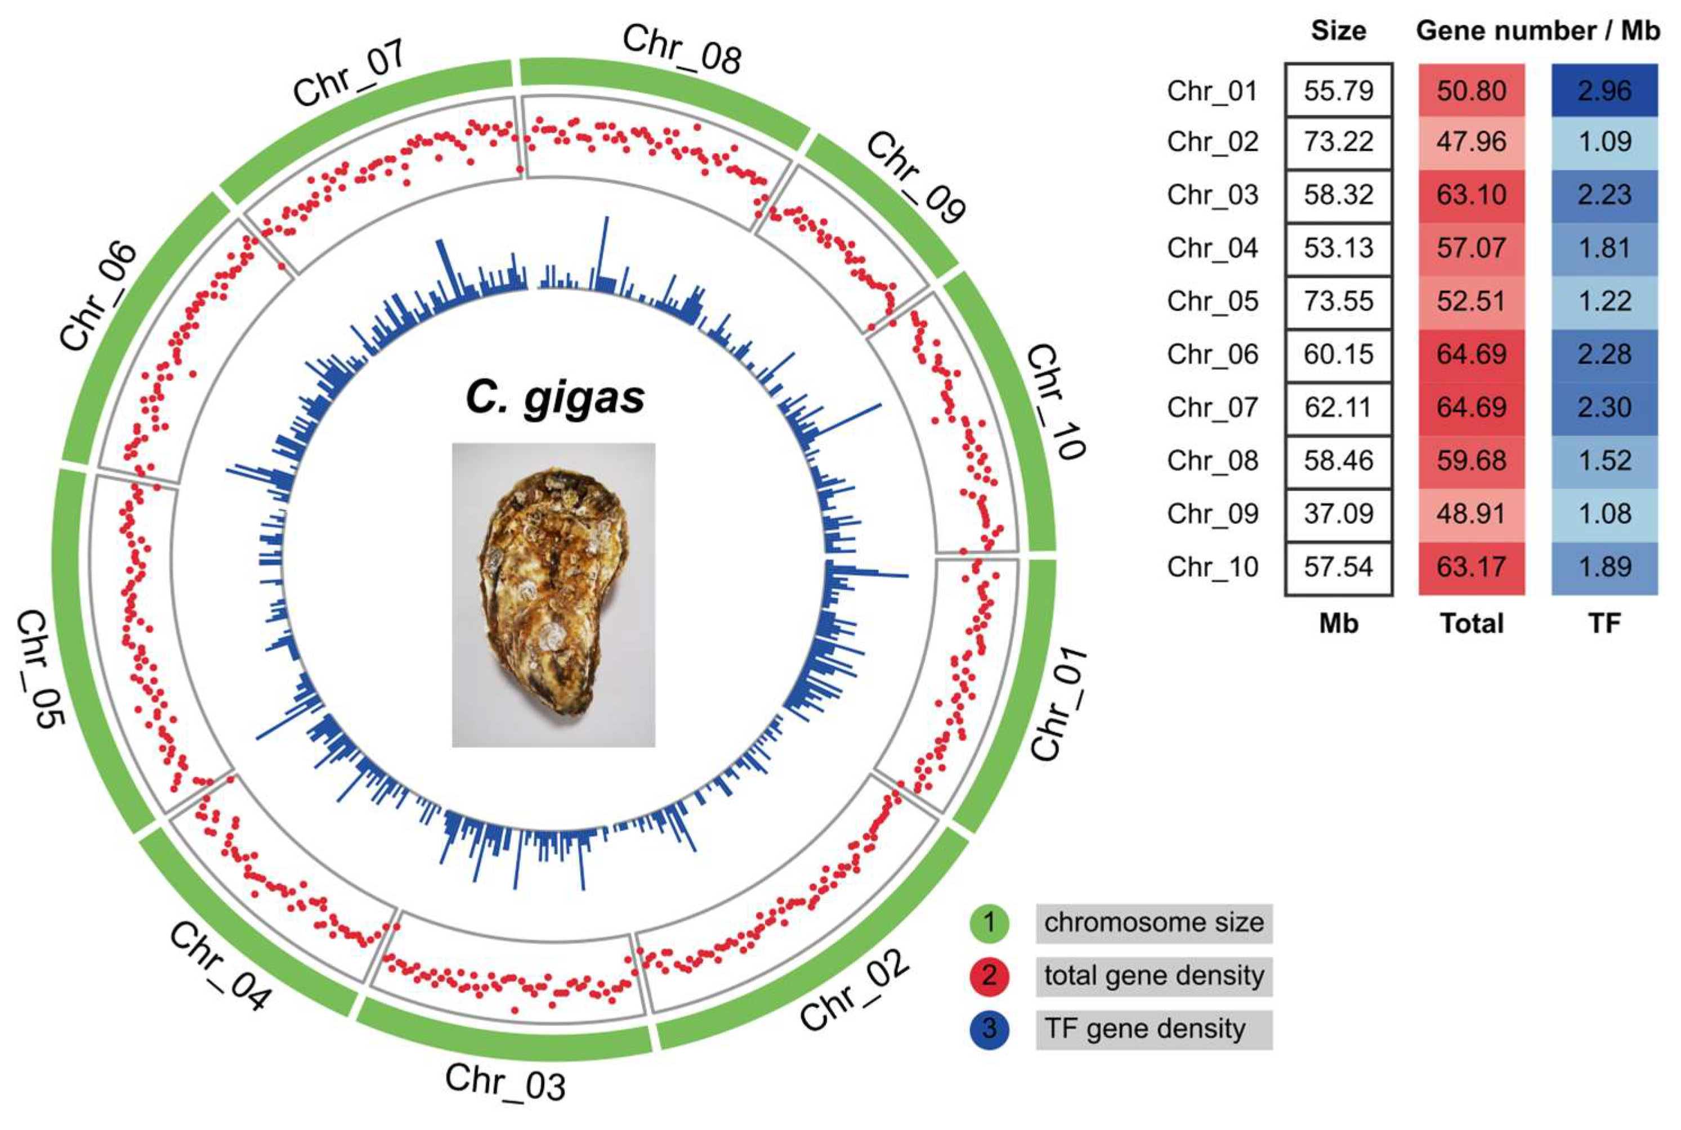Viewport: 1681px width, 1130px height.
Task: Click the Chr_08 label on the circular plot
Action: [x=681, y=48]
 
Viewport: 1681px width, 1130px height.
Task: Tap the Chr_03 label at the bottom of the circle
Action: [x=504, y=1082]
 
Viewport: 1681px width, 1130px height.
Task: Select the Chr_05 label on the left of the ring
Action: [x=42, y=669]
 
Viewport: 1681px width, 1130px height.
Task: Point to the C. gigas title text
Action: [x=555, y=397]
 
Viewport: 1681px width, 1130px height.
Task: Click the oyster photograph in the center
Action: [x=553, y=595]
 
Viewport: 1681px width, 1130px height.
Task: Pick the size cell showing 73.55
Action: [x=1338, y=301]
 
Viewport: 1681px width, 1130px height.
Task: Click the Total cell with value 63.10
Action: [x=1471, y=195]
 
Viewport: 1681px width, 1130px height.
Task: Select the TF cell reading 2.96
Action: [x=1604, y=90]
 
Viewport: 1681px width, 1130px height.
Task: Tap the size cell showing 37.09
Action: [x=1338, y=514]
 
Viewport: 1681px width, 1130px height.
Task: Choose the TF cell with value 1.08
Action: [x=1604, y=514]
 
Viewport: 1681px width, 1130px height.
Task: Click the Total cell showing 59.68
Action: [x=1471, y=460]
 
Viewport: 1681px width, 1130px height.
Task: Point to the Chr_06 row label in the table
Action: [x=1213, y=355]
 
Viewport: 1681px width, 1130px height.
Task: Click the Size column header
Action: [x=1338, y=30]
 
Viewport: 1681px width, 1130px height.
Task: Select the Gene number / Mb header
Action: [x=1537, y=30]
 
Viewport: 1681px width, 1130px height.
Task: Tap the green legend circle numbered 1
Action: [x=989, y=922]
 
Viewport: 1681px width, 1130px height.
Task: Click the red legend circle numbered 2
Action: [x=989, y=976]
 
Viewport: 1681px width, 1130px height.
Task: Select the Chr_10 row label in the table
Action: [x=1213, y=567]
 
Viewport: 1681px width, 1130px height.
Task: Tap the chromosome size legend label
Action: [x=1154, y=922]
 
